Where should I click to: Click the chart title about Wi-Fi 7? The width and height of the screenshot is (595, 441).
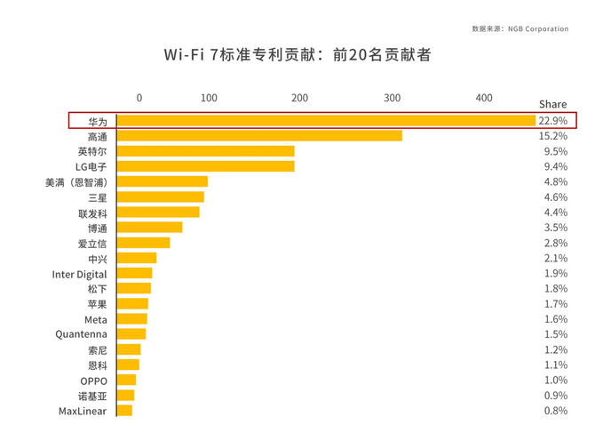tap(297, 55)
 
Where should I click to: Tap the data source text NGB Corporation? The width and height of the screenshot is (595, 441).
tap(520, 28)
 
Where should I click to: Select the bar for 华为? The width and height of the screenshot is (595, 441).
tap(325, 120)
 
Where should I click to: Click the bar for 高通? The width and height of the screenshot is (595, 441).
tap(259, 136)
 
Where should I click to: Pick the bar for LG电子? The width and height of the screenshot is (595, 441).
tap(205, 166)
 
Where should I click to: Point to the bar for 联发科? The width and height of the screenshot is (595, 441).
tap(158, 212)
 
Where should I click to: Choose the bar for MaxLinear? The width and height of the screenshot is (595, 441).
tap(124, 411)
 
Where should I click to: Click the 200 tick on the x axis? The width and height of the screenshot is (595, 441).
tap(299, 98)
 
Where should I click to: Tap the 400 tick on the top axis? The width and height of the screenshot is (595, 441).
tap(483, 98)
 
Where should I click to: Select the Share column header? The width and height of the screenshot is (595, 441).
tap(552, 104)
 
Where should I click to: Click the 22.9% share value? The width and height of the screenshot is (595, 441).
tap(552, 120)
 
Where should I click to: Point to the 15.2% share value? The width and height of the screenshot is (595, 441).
tap(553, 136)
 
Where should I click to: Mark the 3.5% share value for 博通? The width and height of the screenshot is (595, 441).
tap(555, 228)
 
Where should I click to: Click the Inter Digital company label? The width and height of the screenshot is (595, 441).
tap(79, 274)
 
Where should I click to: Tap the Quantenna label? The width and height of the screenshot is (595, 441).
tap(81, 334)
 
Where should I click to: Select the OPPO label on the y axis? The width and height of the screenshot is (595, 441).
tap(93, 381)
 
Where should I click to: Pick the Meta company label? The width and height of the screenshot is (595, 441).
tap(95, 319)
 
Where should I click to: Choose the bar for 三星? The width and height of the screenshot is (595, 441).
tap(161, 197)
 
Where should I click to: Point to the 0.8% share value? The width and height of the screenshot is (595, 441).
tap(555, 411)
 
